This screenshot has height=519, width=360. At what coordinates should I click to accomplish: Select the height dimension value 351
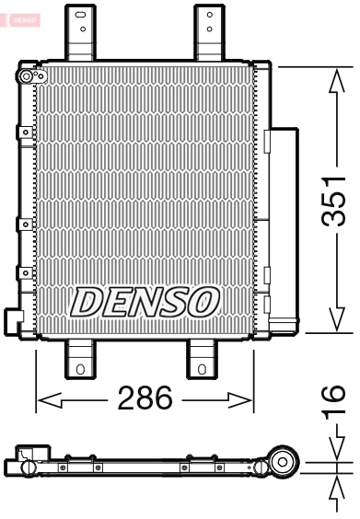point(334,200)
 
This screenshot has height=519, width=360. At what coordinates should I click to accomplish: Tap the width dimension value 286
point(145,399)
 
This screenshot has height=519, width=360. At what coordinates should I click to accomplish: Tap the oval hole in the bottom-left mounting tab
point(80,370)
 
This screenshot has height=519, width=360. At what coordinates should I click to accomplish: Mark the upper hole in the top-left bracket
point(81,15)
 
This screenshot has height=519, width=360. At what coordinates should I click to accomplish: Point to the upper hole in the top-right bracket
point(209,15)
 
